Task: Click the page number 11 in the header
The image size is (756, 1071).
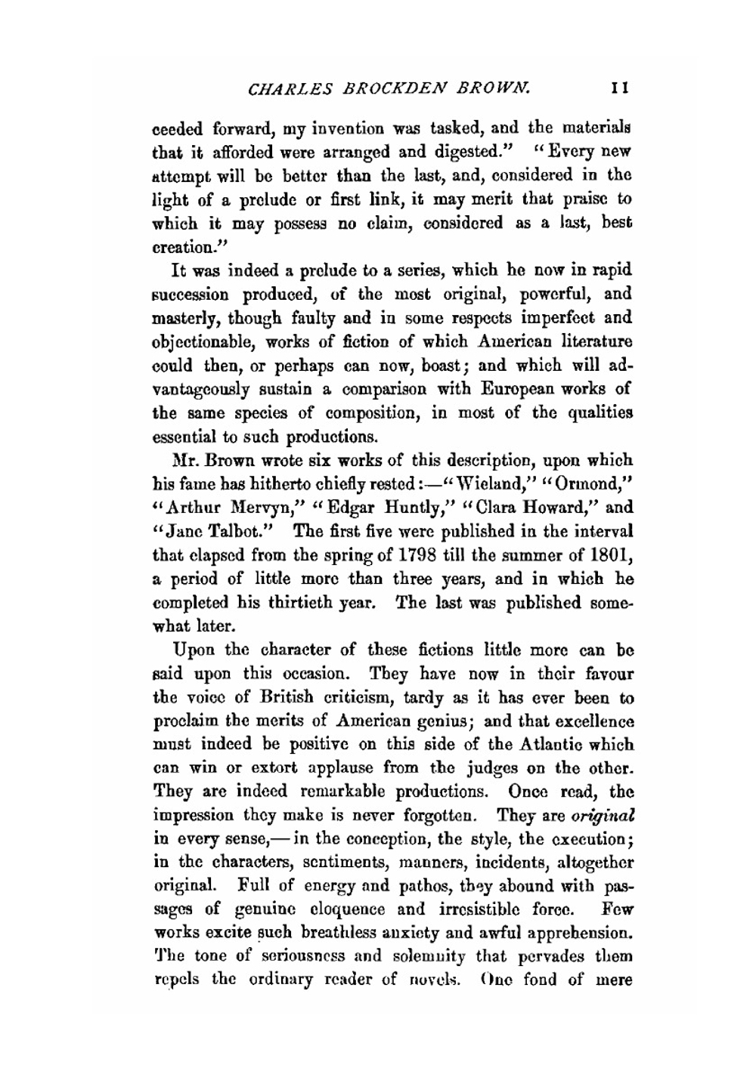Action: click(621, 89)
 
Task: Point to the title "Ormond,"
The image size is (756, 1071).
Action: click(589, 484)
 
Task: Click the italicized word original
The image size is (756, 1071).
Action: click(602, 816)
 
